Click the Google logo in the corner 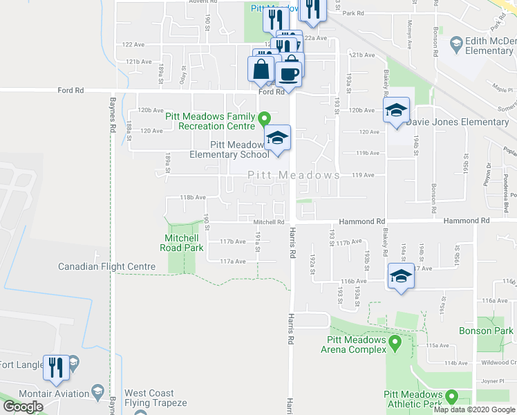23,407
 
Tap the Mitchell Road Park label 181,243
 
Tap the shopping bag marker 261,70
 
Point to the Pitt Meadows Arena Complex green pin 395,342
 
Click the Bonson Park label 486,331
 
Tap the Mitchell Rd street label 269,222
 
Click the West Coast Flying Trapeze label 156,398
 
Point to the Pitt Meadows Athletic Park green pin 452,397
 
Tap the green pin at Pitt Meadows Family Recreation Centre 263,120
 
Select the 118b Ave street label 193,197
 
